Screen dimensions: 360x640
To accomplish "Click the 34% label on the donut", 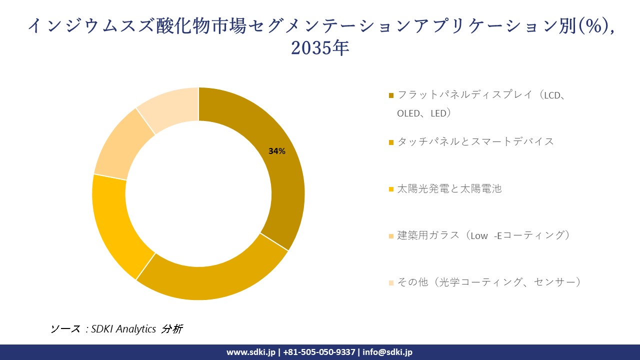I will (277, 151).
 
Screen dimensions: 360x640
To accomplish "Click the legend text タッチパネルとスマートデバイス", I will (475, 141).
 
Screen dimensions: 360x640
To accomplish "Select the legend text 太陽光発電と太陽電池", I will (449, 188).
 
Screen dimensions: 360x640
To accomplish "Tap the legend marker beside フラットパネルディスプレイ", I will (391, 95).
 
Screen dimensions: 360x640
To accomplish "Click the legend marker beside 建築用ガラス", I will (391, 235).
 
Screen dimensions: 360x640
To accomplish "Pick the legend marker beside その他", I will (391, 282).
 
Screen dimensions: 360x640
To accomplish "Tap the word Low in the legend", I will (479, 235).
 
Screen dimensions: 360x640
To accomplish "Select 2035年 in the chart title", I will (320, 48).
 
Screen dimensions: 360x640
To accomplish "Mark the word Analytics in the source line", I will (136, 329).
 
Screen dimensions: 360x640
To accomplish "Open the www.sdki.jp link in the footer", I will (251, 352).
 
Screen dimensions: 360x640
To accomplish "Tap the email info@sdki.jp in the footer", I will (387, 352).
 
